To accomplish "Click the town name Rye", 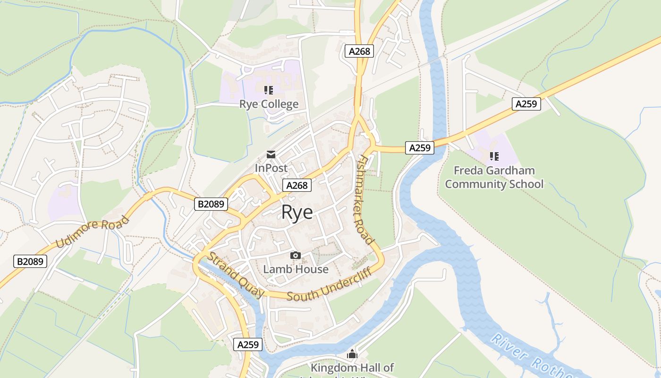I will [x=297, y=213].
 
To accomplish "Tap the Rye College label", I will [x=269, y=104].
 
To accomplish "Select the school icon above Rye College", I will [x=269, y=90].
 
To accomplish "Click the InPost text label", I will [x=271, y=168].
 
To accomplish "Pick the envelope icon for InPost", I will [x=271, y=154].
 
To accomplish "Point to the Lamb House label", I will [x=296, y=269].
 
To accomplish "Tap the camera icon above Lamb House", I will [x=296, y=256].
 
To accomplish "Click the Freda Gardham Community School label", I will [x=494, y=177].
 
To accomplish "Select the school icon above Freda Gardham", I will [x=494, y=156].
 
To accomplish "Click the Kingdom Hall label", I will [x=352, y=368].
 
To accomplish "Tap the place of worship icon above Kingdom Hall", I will [x=352, y=354].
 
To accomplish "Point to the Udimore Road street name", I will [x=93, y=232].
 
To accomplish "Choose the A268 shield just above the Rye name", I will [x=297, y=185].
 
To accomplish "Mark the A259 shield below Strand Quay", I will [x=248, y=344].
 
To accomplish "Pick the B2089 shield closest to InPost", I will [x=211, y=204].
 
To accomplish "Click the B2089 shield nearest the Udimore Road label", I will [x=30, y=261].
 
